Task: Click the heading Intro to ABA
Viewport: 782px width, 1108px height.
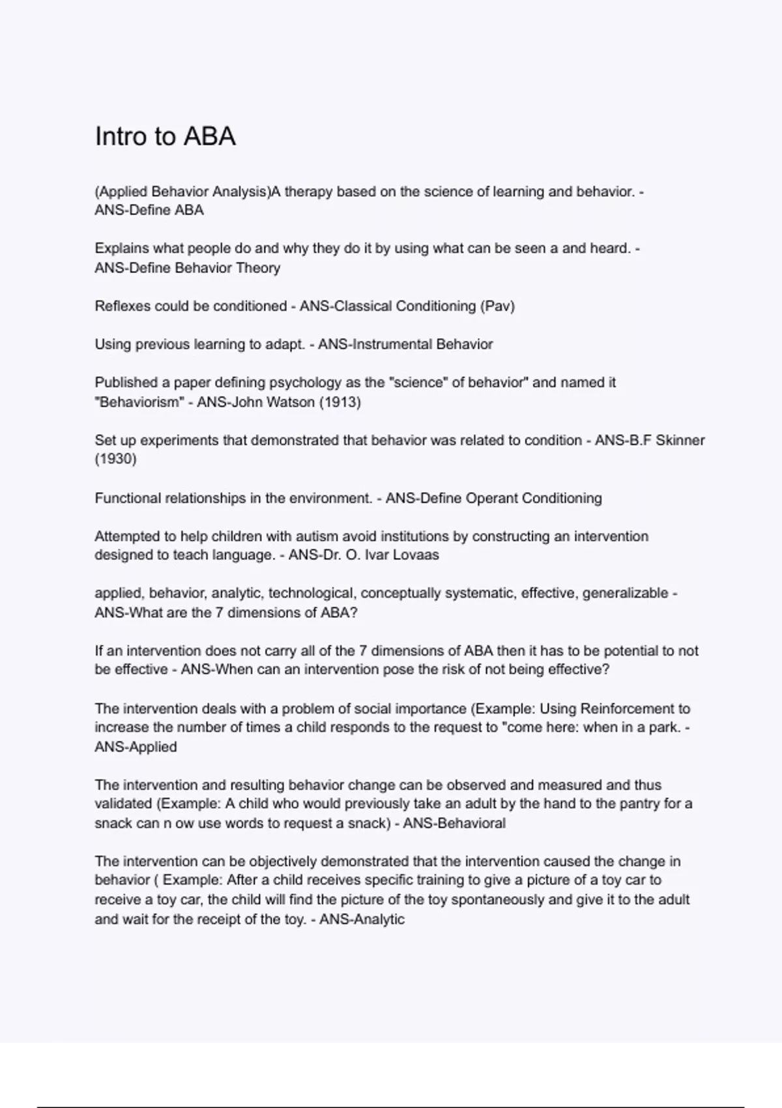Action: (x=165, y=136)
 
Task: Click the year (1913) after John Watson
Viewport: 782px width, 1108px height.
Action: (x=340, y=402)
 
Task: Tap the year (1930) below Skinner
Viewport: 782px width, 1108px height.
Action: (x=115, y=459)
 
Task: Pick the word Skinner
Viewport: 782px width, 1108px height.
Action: (x=680, y=441)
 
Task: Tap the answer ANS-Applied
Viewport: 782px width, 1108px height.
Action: (x=136, y=747)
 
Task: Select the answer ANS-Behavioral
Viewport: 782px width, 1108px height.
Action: (x=454, y=823)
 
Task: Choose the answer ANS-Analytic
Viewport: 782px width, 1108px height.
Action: (x=362, y=920)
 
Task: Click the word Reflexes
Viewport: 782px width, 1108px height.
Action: (x=122, y=306)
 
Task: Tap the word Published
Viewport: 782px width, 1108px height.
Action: (x=125, y=383)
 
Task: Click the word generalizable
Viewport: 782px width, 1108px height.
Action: (x=625, y=594)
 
